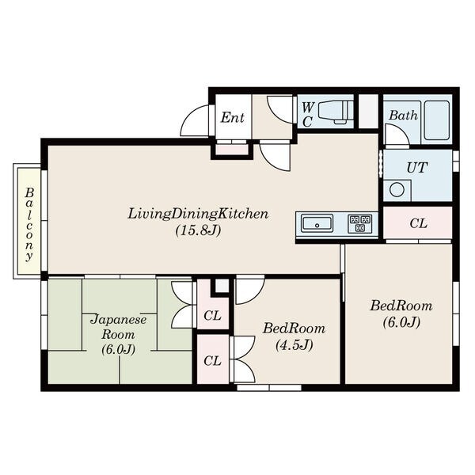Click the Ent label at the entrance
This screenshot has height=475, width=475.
(x=232, y=117)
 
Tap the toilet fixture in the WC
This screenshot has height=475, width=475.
(x=336, y=112)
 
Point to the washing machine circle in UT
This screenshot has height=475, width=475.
(x=397, y=190)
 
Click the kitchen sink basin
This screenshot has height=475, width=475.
(x=317, y=223)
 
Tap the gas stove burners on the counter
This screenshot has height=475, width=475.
(x=360, y=224)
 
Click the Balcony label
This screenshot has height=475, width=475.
(x=29, y=224)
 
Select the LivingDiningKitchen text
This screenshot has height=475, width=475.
(x=198, y=214)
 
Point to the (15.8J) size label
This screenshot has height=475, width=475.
(x=198, y=230)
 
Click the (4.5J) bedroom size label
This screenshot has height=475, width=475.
(x=294, y=344)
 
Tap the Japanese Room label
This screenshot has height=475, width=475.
(x=119, y=327)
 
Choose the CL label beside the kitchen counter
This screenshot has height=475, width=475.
(x=418, y=223)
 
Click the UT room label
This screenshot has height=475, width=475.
(x=417, y=168)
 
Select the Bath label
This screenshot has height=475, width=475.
(x=403, y=115)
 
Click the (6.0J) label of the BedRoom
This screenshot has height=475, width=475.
(x=401, y=322)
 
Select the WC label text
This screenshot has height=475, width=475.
(x=308, y=114)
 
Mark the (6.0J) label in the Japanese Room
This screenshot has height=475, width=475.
(x=119, y=349)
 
